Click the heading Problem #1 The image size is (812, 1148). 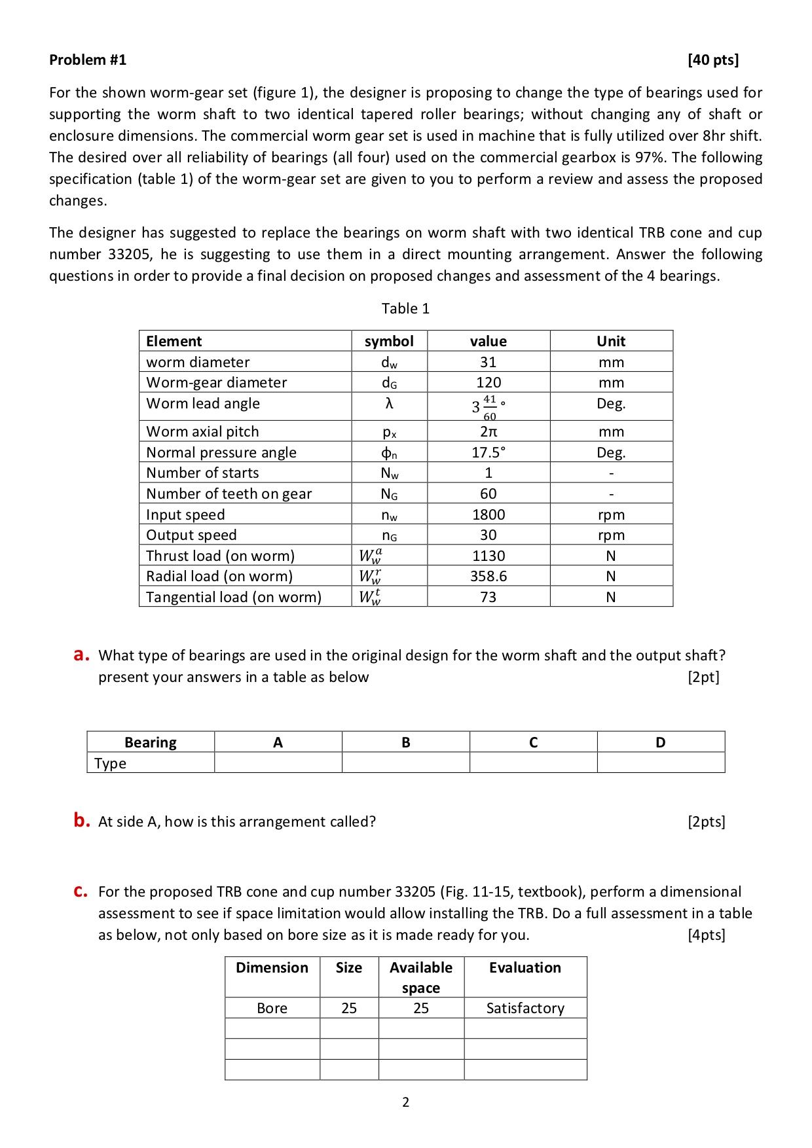tap(88, 60)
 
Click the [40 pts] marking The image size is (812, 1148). tap(712, 60)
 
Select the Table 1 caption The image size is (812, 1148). tap(405, 308)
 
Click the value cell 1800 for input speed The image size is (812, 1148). tap(489, 514)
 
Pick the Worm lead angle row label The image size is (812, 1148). tap(203, 403)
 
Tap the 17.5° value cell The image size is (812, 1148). tap(489, 452)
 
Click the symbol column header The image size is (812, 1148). tap(389, 341)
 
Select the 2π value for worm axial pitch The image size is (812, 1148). tap(489, 431)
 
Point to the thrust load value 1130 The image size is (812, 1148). tap(489, 556)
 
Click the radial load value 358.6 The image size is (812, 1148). tap(489, 576)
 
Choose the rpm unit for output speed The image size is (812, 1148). tap(611, 535)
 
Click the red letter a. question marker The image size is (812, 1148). tap(81, 655)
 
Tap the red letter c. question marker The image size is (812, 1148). tap(81, 891)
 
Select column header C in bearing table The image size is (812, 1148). tap(533, 742)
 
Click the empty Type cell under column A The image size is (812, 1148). tap(278, 763)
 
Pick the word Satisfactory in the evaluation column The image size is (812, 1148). tap(525, 1008)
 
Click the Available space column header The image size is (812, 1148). tap(421, 977)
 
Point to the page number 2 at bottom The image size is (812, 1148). tap(405, 1102)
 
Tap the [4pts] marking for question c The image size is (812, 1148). tap(706, 935)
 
